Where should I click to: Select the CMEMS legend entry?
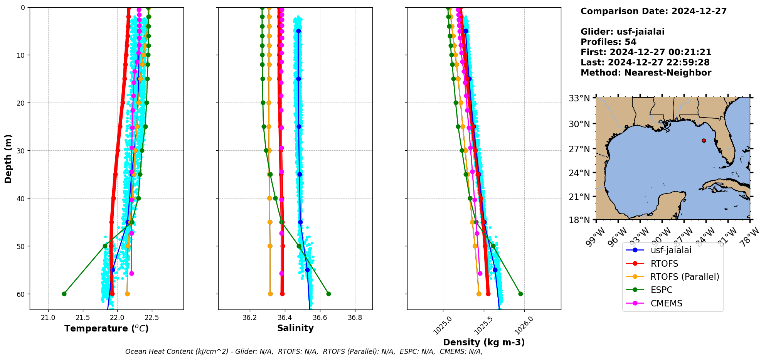(x=666, y=303)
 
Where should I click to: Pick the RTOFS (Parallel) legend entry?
(x=684, y=277)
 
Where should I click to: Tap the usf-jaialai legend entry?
(x=671, y=250)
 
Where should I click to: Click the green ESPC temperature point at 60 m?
(x=64, y=294)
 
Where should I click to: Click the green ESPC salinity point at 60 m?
(x=328, y=294)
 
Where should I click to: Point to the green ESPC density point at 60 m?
(x=520, y=294)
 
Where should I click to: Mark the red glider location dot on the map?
(x=704, y=141)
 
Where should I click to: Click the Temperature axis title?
(x=106, y=328)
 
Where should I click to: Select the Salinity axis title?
(x=295, y=328)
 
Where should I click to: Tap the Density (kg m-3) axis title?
(x=484, y=342)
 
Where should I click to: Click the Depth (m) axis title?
(x=8, y=159)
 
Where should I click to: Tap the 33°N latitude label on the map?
(x=579, y=98)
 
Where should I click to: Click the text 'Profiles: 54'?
(x=608, y=42)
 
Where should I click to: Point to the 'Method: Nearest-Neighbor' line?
(x=646, y=73)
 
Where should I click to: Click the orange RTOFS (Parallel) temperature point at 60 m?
(x=127, y=294)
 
